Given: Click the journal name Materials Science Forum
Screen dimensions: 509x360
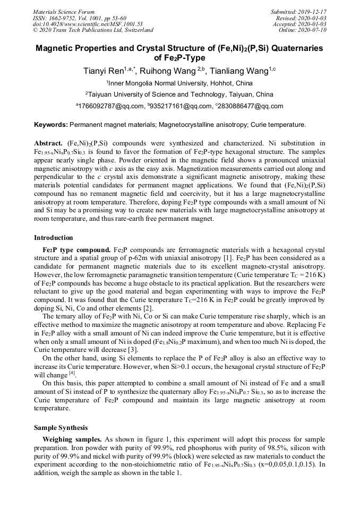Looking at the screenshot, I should [64, 12].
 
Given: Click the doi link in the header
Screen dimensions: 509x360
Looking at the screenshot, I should [88, 24].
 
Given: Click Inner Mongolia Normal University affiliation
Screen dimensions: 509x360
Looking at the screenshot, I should [181, 83].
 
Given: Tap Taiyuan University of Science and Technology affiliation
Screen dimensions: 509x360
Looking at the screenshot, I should [181, 94].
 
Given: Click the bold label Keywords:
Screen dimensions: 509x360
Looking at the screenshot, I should [51, 125].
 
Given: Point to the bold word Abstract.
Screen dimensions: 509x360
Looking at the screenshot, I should [49, 144].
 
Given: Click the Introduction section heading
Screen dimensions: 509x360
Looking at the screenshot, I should [54, 238].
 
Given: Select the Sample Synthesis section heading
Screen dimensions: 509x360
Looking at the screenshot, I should [61, 427].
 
